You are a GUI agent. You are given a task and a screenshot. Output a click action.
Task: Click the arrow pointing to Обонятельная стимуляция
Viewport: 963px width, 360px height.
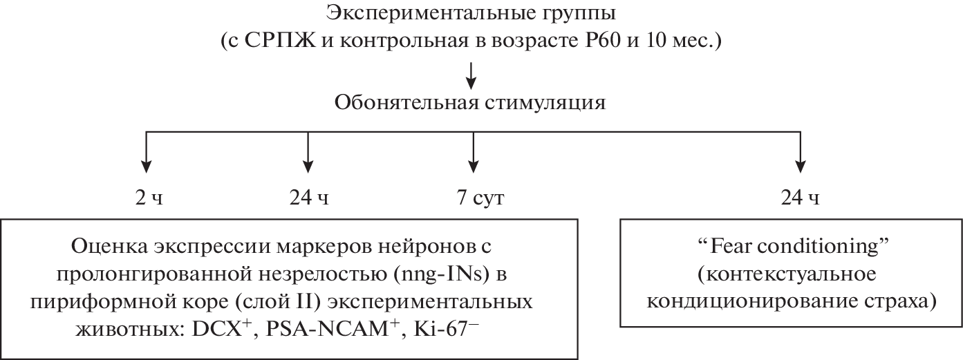tap(471, 75)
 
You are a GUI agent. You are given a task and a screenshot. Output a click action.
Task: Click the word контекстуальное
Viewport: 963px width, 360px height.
tap(786, 275)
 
